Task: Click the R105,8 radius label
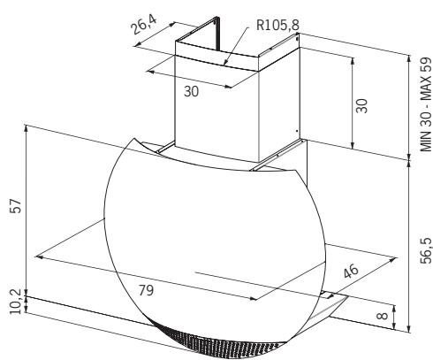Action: [x=277, y=25]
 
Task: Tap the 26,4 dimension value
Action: [x=144, y=25]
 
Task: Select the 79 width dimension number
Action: [x=147, y=290]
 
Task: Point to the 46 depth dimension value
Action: [x=351, y=271]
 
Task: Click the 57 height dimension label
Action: [x=16, y=206]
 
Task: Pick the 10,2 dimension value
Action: [x=16, y=302]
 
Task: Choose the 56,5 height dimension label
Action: [x=426, y=250]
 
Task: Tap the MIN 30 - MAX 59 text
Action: [x=426, y=104]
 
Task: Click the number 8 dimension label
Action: [x=382, y=316]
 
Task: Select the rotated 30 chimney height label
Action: [x=361, y=106]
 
